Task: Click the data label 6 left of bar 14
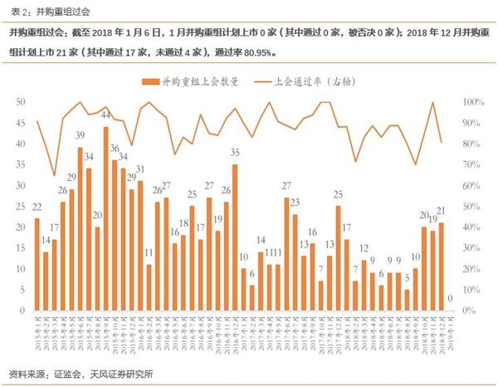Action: point(251,275)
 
